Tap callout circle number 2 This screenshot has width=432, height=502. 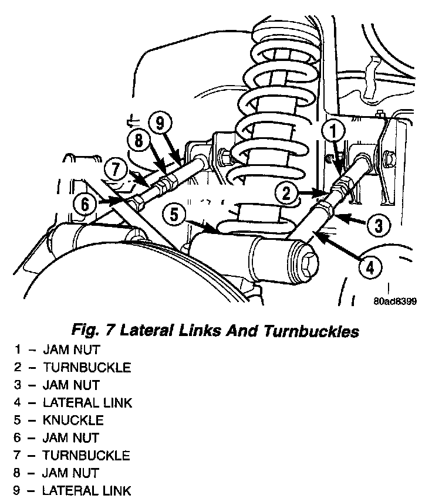(x=286, y=192)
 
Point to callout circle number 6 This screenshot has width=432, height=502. (x=86, y=204)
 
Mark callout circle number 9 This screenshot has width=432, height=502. (x=160, y=123)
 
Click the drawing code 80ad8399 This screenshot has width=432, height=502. (x=394, y=303)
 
